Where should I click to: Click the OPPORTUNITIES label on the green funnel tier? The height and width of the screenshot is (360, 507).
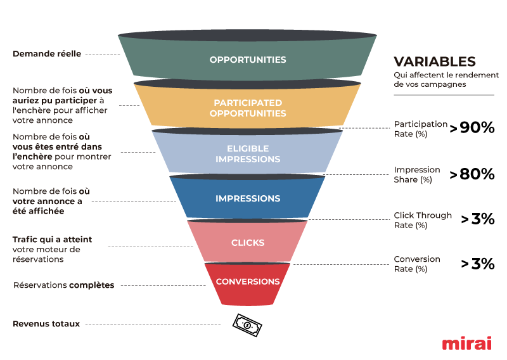pos(248,60)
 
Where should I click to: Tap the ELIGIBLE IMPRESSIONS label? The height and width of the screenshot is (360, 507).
pos(248,153)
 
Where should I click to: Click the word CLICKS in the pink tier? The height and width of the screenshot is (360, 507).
pos(248,243)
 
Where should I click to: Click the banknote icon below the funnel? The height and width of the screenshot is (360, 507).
pos(247,325)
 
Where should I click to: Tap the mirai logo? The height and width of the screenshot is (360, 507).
pos(467,343)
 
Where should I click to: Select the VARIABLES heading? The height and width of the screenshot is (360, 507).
pos(434,61)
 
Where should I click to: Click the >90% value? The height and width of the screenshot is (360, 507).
pos(472,127)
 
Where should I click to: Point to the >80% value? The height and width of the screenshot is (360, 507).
pos(472,174)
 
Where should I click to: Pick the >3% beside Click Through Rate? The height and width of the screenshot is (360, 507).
pos(478,219)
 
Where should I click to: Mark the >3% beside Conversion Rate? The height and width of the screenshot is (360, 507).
pos(478,264)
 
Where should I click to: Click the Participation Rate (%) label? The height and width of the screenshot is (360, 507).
pos(420,129)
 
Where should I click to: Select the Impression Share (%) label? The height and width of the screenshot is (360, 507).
pos(417,174)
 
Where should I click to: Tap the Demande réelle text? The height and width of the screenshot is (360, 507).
pos(47,54)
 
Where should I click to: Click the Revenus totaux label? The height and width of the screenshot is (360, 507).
pos(46,324)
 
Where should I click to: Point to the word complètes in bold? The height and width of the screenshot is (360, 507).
pos(92,285)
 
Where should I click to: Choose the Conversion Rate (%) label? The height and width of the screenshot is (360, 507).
pos(417,264)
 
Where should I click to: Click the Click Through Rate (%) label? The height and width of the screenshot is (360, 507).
pos(423,220)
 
